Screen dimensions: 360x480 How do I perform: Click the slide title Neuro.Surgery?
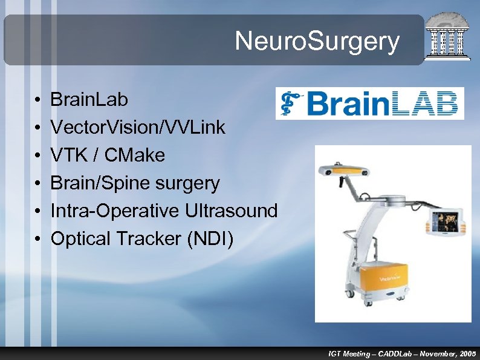click(x=317, y=42)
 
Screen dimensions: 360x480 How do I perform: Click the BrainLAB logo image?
click(x=369, y=103)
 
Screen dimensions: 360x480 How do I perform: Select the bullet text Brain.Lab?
click(x=89, y=100)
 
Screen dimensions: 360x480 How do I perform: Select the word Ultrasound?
click(x=232, y=211)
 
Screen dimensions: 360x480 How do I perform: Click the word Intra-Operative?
click(x=114, y=211)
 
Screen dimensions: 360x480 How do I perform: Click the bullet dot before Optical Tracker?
click(x=37, y=240)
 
